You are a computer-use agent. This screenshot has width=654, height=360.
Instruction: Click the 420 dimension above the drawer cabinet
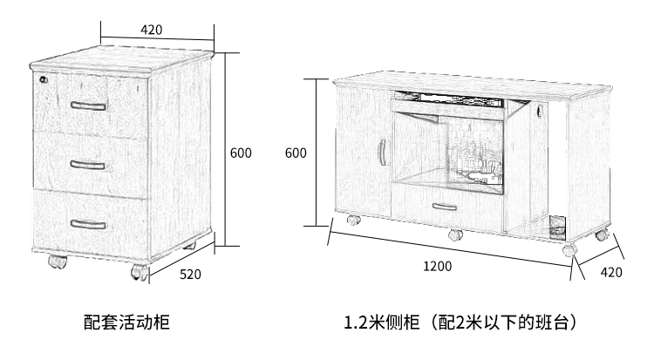(x=151, y=29)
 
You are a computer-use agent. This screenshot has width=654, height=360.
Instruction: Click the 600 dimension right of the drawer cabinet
(x=241, y=153)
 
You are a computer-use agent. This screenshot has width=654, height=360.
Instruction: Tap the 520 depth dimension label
(x=190, y=274)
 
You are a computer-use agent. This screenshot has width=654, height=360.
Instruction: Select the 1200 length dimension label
(x=440, y=267)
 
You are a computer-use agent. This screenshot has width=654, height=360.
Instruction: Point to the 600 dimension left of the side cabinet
(x=296, y=153)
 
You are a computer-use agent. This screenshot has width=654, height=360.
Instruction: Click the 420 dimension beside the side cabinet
(x=611, y=272)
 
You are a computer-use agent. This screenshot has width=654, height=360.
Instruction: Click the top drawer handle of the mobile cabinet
(x=89, y=106)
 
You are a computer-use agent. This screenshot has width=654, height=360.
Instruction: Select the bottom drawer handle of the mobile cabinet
(x=88, y=223)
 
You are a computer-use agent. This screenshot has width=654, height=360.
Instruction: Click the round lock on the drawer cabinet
(x=44, y=79)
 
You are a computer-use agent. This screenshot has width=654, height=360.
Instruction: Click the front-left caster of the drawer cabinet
(x=56, y=261)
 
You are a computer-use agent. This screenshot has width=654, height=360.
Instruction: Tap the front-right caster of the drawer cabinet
(x=139, y=272)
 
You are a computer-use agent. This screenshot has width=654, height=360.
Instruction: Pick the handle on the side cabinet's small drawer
(x=444, y=207)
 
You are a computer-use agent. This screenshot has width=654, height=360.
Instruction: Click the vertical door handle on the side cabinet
(x=381, y=153)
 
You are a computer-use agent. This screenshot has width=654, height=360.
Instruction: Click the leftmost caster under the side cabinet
(x=352, y=220)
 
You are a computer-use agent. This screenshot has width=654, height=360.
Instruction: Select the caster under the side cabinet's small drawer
(x=454, y=234)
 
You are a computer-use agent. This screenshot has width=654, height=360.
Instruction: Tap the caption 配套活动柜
(x=126, y=323)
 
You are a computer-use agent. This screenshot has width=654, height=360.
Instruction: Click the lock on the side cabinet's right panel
(x=540, y=112)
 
